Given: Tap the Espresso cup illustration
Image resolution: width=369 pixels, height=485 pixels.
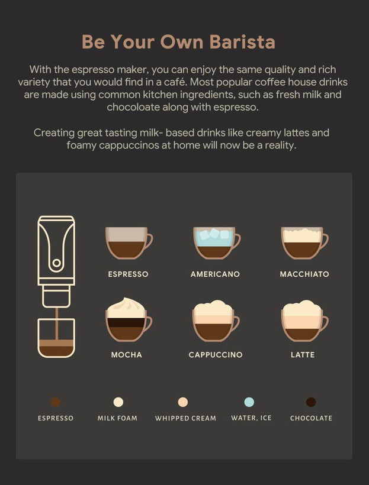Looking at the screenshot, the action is [129, 243].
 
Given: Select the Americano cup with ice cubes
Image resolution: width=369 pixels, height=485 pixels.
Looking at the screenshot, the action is [217, 243].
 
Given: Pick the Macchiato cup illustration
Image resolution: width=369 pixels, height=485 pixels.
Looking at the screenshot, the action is [304, 243].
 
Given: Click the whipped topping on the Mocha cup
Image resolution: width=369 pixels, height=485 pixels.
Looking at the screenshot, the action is [126, 308].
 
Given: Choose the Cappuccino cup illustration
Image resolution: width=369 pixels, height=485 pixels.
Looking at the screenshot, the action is [216, 321].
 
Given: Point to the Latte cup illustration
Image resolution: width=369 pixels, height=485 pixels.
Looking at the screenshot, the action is [304, 321].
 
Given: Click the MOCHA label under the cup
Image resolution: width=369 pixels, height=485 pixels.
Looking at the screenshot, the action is [126, 355].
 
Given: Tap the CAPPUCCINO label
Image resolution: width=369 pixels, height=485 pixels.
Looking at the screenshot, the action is [216, 355].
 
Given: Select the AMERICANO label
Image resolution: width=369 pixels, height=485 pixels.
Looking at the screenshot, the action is [215, 274].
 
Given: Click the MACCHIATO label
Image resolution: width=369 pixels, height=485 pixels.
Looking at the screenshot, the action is [304, 274].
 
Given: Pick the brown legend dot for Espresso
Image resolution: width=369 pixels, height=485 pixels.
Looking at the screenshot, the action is [56, 402].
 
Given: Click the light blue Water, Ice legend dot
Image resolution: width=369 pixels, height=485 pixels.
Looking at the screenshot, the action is [249, 402].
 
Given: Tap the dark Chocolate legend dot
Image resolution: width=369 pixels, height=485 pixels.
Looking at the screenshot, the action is [311, 402].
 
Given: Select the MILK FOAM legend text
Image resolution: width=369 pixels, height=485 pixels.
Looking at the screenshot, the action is [117, 418].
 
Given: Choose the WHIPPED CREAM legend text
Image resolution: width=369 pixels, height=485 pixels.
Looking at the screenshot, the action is [185, 418].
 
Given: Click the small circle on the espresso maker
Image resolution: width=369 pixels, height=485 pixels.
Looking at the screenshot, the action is [56, 263].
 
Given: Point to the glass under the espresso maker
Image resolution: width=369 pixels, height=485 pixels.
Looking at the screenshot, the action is [56, 338].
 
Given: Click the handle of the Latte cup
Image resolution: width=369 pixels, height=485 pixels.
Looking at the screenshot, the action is [325, 324].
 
